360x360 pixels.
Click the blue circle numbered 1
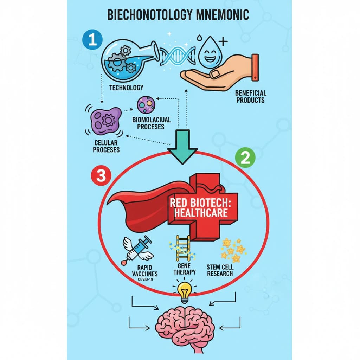tap(92, 40)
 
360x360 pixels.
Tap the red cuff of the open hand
tap(255, 67)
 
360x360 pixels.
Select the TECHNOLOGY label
tap(126, 88)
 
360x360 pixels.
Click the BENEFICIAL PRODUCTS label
tap(251, 96)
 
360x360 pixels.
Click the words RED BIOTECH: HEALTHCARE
tap(199, 208)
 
